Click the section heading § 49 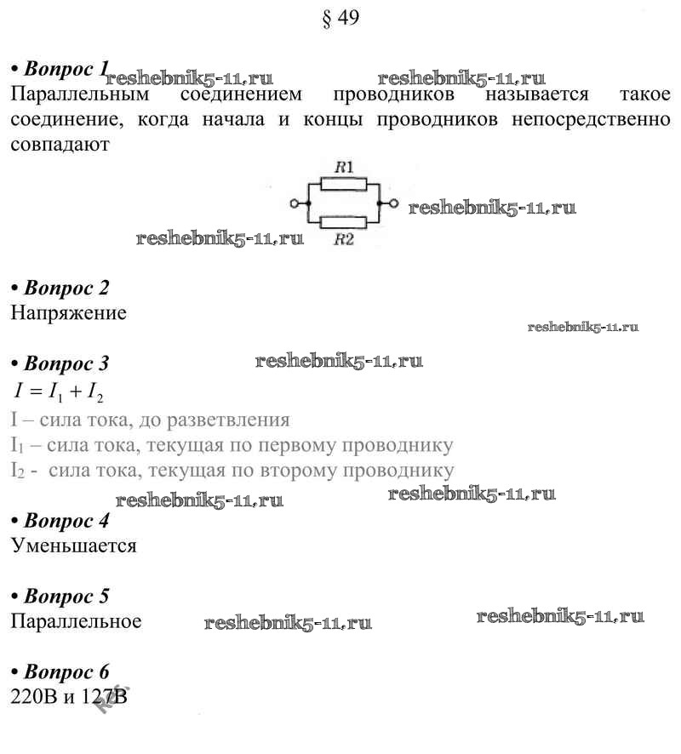point(341,18)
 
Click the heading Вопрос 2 point(66,288)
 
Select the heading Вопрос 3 point(66,364)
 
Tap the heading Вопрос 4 point(66,520)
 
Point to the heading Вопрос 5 point(66,596)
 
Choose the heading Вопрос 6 point(66,671)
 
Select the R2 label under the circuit point(343,240)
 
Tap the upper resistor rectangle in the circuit point(343,184)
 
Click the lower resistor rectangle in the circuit point(343,222)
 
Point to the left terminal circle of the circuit point(295,203)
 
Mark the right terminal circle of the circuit point(392,203)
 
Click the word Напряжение point(69,313)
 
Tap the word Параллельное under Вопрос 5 point(76,621)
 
